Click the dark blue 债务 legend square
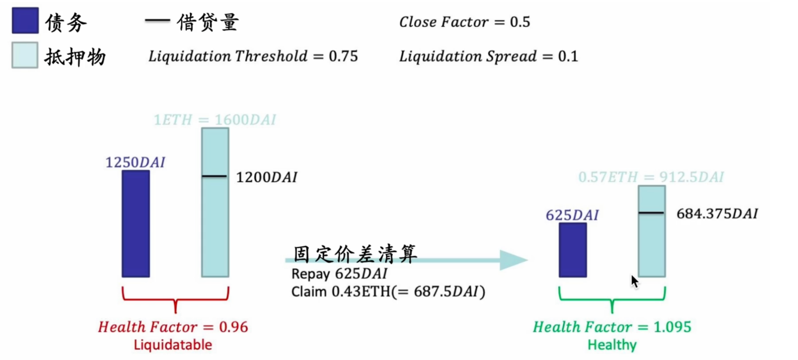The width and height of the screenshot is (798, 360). click(x=25, y=20)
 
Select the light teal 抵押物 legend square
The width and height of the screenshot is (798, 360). click(x=25, y=55)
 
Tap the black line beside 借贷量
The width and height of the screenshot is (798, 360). click(x=157, y=20)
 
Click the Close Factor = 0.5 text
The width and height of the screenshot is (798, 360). click(x=464, y=22)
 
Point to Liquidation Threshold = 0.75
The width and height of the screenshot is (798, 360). click(x=253, y=56)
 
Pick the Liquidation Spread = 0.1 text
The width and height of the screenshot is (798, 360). click(x=488, y=56)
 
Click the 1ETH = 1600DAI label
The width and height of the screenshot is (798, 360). click(x=215, y=120)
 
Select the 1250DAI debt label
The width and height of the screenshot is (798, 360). click(x=135, y=163)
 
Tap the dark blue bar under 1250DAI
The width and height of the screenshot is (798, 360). click(x=136, y=223)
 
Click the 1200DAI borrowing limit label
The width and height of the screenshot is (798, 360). click(x=267, y=177)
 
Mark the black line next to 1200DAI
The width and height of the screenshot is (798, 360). click(x=215, y=176)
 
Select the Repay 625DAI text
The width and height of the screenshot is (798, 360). click(x=339, y=274)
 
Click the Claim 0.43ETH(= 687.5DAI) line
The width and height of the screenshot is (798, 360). click(x=388, y=292)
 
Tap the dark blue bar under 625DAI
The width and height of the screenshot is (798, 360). click(x=572, y=250)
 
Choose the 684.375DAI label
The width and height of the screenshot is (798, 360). click(x=717, y=214)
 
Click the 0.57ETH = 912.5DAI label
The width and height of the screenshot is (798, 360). click(x=651, y=177)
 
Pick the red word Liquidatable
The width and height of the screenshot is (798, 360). click(x=173, y=345)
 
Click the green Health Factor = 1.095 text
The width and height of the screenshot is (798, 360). click(x=612, y=327)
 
